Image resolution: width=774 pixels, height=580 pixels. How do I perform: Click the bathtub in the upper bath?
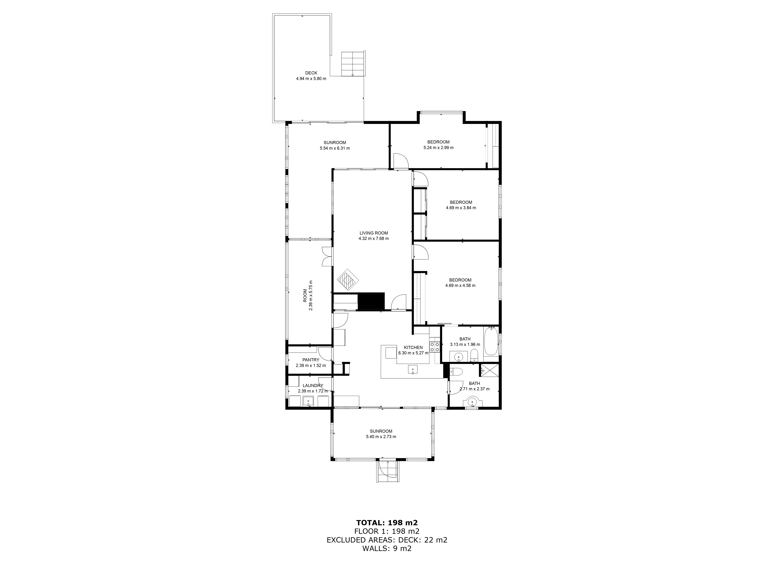point(491,341)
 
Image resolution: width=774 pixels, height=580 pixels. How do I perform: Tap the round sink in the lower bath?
point(473,402)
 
